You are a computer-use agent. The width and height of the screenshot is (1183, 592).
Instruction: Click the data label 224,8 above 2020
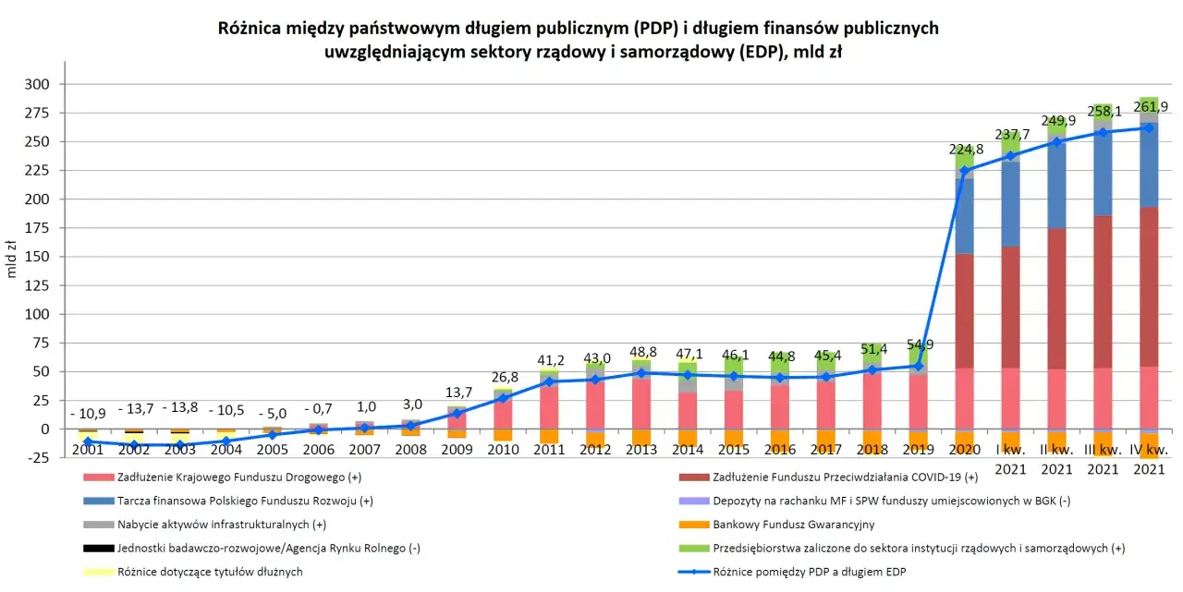tap(965, 150)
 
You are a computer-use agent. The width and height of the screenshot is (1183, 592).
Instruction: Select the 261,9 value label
tap(1150, 106)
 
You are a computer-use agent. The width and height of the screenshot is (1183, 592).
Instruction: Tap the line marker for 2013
tap(641, 373)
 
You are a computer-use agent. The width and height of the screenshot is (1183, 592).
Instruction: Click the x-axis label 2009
tap(457, 449)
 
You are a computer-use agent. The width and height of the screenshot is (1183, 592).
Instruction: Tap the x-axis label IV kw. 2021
tap(1150, 459)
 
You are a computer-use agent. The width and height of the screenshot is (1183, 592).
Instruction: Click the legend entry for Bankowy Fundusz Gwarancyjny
tap(785, 525)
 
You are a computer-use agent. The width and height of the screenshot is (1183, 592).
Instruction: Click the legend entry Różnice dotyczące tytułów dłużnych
tap(210, 572)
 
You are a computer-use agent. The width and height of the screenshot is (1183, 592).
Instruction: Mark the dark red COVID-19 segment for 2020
tap(965, 310)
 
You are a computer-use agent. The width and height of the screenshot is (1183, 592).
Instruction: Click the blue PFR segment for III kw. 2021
tap(1104, 175)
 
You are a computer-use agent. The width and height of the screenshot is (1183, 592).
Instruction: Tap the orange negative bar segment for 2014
tap(688, 438)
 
